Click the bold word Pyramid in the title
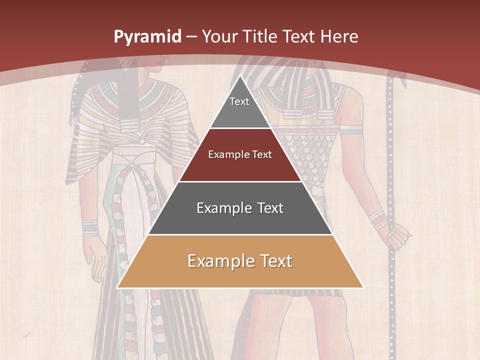tap(147, 37)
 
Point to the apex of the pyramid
tap(240, 76)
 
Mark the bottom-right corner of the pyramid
tap(362, 287)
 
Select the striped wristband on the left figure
tap(90, 227)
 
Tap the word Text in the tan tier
tap(272, 261)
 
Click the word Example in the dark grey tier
tap(218, 208)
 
